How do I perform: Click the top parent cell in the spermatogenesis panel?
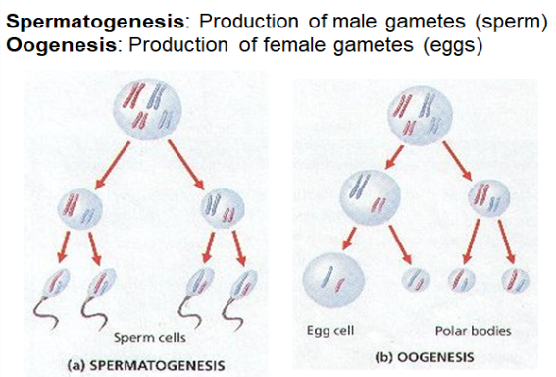pyautogui.click(x=145, y=107)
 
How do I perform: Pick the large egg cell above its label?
pyautogui.click(x=333, y=278)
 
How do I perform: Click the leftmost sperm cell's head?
pyautogui.click(x=62, y=286)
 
